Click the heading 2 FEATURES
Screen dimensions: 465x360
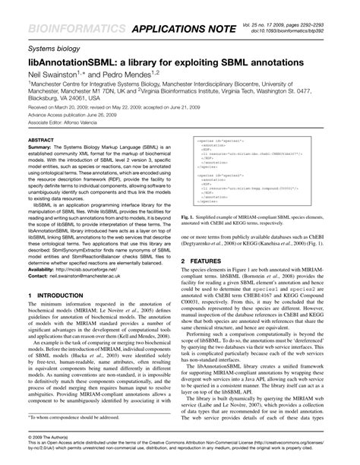(211, 260)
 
